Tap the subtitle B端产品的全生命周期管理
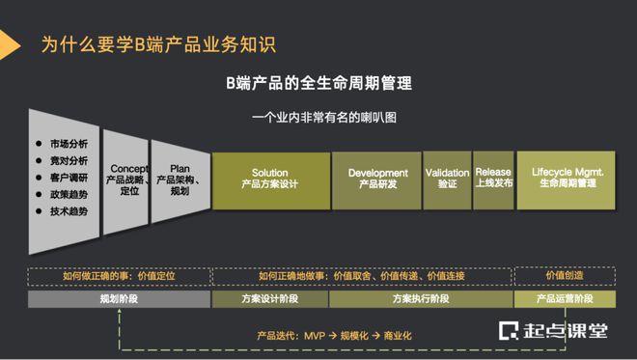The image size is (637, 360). pyautogui.click(x=318, y=83)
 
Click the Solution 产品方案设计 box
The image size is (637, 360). pyautogui.click(x=270, y=180)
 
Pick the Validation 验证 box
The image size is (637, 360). pyautogui.click(x=446, y=180)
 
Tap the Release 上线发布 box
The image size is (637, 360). pyautogui.click(x=493, y=180)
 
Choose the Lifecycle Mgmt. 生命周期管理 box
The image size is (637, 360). pyautogui.click(x=568, y=180)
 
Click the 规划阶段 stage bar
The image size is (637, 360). pyautogui.click(x=119, y=300)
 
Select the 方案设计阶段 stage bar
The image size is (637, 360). pyautogui.click(x=270, y=300)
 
